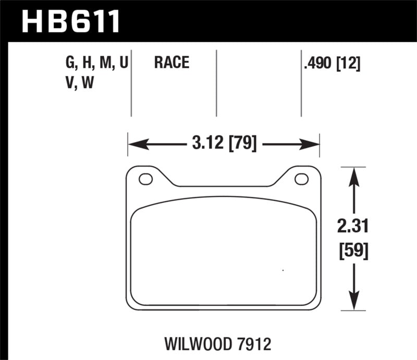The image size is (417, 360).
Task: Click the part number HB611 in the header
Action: click(70, 21)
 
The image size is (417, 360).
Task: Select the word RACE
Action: click(171, 64)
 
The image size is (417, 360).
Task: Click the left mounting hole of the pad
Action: click(145, 179)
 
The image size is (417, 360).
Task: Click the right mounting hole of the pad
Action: click(301, 179)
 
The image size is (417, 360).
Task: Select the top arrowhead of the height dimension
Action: click(354, 172)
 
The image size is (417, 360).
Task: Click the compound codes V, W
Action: click(79, 82)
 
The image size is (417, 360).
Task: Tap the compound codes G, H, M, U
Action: click(96, 64)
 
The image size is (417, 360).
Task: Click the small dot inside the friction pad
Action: click(283, 270)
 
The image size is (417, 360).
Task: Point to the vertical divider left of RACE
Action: click(131, 83)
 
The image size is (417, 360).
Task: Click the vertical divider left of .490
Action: click(301, 83)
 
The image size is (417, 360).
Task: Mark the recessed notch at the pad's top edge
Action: click(224, 185)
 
